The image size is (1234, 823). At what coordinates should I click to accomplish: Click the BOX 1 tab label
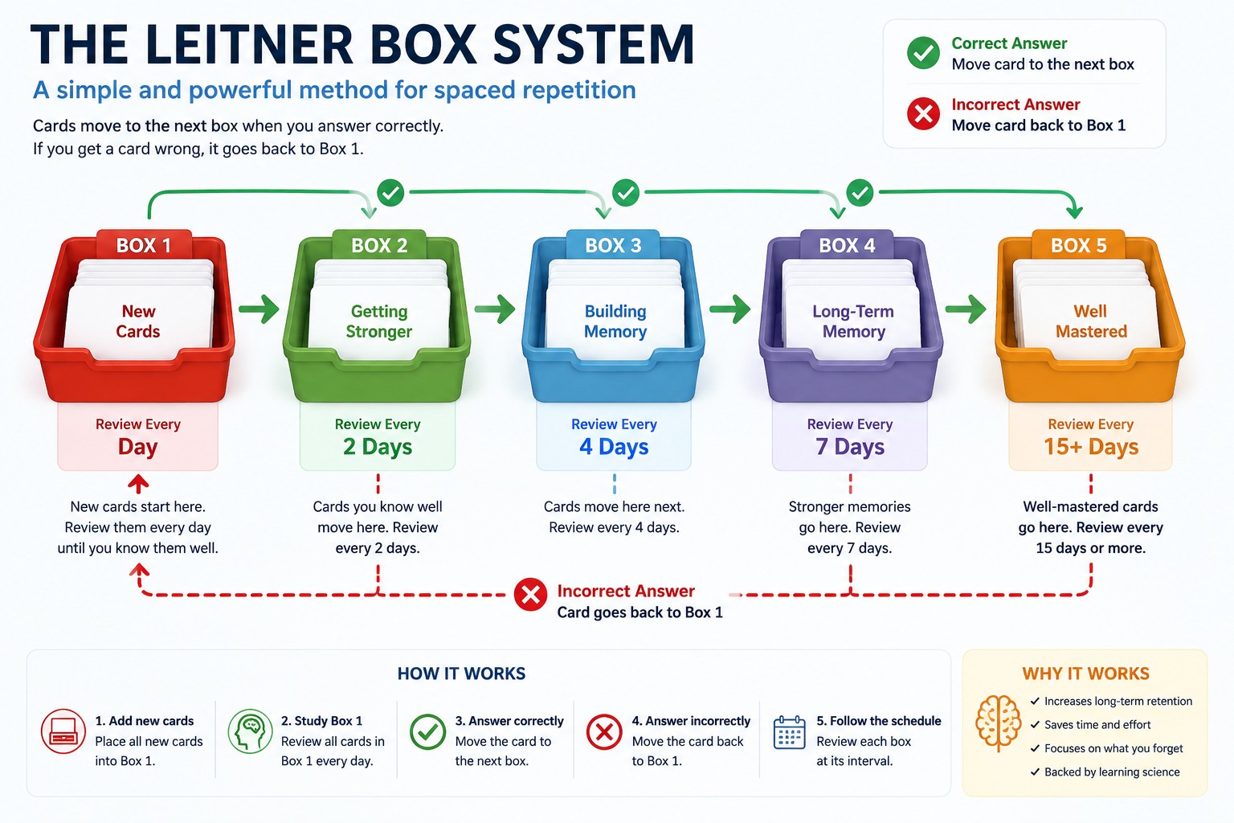tap(144, 245)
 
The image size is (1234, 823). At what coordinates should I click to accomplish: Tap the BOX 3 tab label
tap(613, 245)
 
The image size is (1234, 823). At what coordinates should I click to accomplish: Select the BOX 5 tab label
tap(1079, 245)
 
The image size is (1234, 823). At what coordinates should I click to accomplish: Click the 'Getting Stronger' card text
tap(379, 321)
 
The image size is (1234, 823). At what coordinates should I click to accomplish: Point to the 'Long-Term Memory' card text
tap(853, 321)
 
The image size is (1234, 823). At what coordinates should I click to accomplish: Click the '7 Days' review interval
tap(850, 447)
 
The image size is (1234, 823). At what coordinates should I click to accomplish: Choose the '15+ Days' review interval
tap(1091, 447)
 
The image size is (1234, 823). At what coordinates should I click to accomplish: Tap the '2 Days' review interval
tap(378, 447)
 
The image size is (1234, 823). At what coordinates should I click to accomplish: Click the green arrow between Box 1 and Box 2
tap(259, 309)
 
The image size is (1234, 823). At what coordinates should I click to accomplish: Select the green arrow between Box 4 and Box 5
tap(966, 309)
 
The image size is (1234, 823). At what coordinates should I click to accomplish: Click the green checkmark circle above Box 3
tap(626, 192)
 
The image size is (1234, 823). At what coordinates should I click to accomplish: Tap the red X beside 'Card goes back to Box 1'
tap(530, 595)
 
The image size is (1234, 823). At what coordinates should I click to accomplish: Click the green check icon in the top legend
tap(923, 53)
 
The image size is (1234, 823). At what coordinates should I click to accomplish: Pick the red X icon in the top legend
tap(923, 114)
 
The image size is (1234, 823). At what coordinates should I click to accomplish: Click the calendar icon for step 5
tap(790, 732)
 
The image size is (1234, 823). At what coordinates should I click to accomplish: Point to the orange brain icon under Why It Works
tap(999, 723)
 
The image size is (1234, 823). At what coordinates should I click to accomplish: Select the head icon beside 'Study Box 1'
tap(250, 731)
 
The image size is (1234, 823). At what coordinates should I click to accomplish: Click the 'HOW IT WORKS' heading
tap(462, 674)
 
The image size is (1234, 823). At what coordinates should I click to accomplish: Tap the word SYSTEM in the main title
tap(594, 45)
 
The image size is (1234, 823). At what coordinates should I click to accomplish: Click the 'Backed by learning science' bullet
tap(1105, 772)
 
